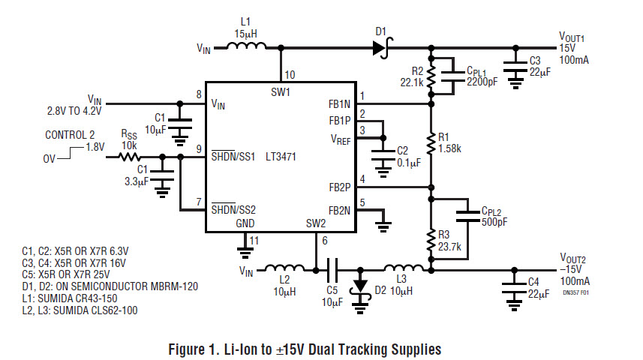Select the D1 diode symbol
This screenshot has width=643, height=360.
380,47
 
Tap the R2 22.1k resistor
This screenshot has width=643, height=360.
431,76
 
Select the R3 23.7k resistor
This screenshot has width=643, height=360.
431,238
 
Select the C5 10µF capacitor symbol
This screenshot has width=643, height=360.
332,268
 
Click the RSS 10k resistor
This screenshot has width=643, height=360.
128,157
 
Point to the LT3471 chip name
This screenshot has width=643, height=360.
280,157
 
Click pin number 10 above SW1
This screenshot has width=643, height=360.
289,75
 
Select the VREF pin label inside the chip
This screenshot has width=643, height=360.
340,138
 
